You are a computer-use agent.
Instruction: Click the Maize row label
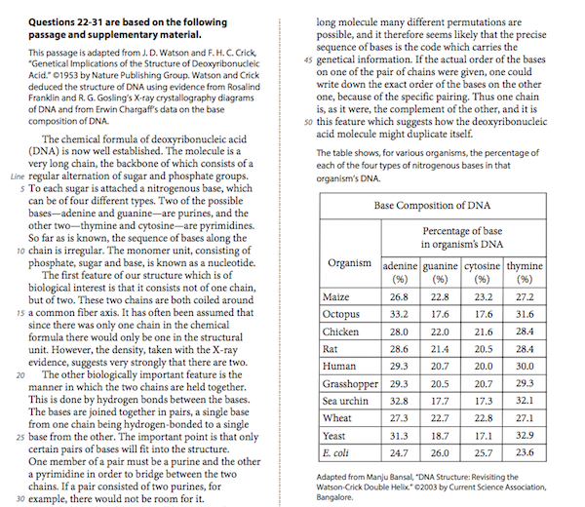336,297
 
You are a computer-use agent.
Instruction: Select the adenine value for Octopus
399,315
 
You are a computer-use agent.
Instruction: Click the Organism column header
349,262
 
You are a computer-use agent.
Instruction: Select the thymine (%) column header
526,272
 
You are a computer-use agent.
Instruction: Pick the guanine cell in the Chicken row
441,332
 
